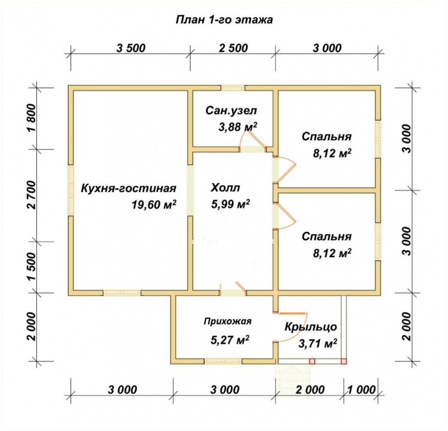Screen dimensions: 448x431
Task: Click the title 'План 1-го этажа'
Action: coord(224,20)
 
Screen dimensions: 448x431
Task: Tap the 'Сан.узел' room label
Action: coord(231,111)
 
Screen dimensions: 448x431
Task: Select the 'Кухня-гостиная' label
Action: coord(129,188)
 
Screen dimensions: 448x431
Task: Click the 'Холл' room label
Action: coord(225,188)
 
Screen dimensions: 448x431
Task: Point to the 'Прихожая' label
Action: coord(228,321)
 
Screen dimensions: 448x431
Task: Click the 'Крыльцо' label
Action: coord(310,327)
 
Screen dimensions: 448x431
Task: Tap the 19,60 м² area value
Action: coord(154,204)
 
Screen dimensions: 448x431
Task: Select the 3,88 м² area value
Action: coord(238,126)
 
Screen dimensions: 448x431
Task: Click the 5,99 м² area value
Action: coord(231,204)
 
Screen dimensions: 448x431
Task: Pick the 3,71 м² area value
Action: coord(318,343)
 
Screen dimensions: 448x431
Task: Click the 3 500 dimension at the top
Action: coord(131,48)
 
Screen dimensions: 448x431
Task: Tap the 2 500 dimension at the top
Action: coord(233,48)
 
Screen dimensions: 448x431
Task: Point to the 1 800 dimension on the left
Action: coord(32,117)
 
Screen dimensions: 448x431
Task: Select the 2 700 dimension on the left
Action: coord(32,195)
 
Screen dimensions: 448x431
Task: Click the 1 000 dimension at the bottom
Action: coord(362,390)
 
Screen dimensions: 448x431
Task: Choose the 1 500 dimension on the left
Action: coord(32,267)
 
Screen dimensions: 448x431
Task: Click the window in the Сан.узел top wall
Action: coord(233,88)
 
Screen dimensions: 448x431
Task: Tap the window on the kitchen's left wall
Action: coord(71,190)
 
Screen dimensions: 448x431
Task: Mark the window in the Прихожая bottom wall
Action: coord(223,361)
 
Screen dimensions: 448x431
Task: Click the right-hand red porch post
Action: coord(344,361)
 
